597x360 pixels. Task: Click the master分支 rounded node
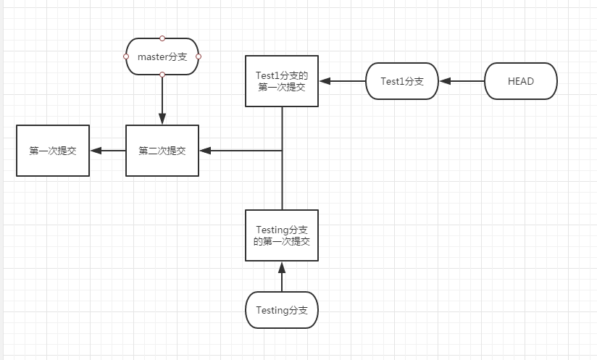162,56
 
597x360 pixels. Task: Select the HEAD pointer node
521,81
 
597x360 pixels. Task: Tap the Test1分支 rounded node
402,81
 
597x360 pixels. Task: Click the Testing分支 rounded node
282,310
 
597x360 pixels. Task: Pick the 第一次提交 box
52,151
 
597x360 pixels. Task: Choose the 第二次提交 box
162,151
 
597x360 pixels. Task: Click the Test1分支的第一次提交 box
282,81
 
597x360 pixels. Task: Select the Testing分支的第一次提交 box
282,235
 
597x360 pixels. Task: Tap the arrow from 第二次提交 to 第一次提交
107,151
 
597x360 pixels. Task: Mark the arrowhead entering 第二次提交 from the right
205,151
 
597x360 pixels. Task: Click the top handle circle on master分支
162,38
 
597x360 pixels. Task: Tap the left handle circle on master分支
126,56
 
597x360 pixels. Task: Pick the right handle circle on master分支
199,56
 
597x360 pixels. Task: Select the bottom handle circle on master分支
162,75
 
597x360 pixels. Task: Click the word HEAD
521,81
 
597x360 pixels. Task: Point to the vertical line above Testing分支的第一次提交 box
282,181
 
